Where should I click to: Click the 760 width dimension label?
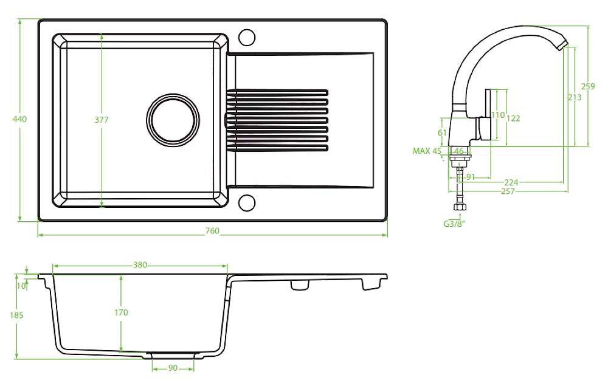pyautogui.click(x=212, y=230)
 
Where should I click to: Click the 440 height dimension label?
pyautogui.click(x=20, y=119)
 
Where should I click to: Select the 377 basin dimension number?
pyautogui.click(x=102, y=120)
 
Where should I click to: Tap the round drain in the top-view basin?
pyautogui.click(x=173, y=119)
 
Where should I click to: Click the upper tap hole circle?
pyautogui.click(x=246, y=37)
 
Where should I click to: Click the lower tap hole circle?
pyautogui.click(x=246, y=203)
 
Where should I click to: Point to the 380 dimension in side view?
pyautogui.click(x=140, y=265)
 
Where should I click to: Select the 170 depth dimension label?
pyautogui.click(x=121, y=312)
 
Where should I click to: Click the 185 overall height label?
pyautogui.click(x=16, y=315)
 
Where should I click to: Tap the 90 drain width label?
pyautogui.click(x=173, y=368)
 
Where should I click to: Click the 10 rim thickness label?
pyautogui.click(x=22, y=286)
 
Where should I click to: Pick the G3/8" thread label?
pyautogui.click(x=454, y=223)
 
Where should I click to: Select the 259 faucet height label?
pyautogui.click(x=588, y=86)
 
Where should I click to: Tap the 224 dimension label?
pyautogui.click(x=511, y=182)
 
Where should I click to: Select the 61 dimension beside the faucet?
pyautogui.click(x=442, y=132)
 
